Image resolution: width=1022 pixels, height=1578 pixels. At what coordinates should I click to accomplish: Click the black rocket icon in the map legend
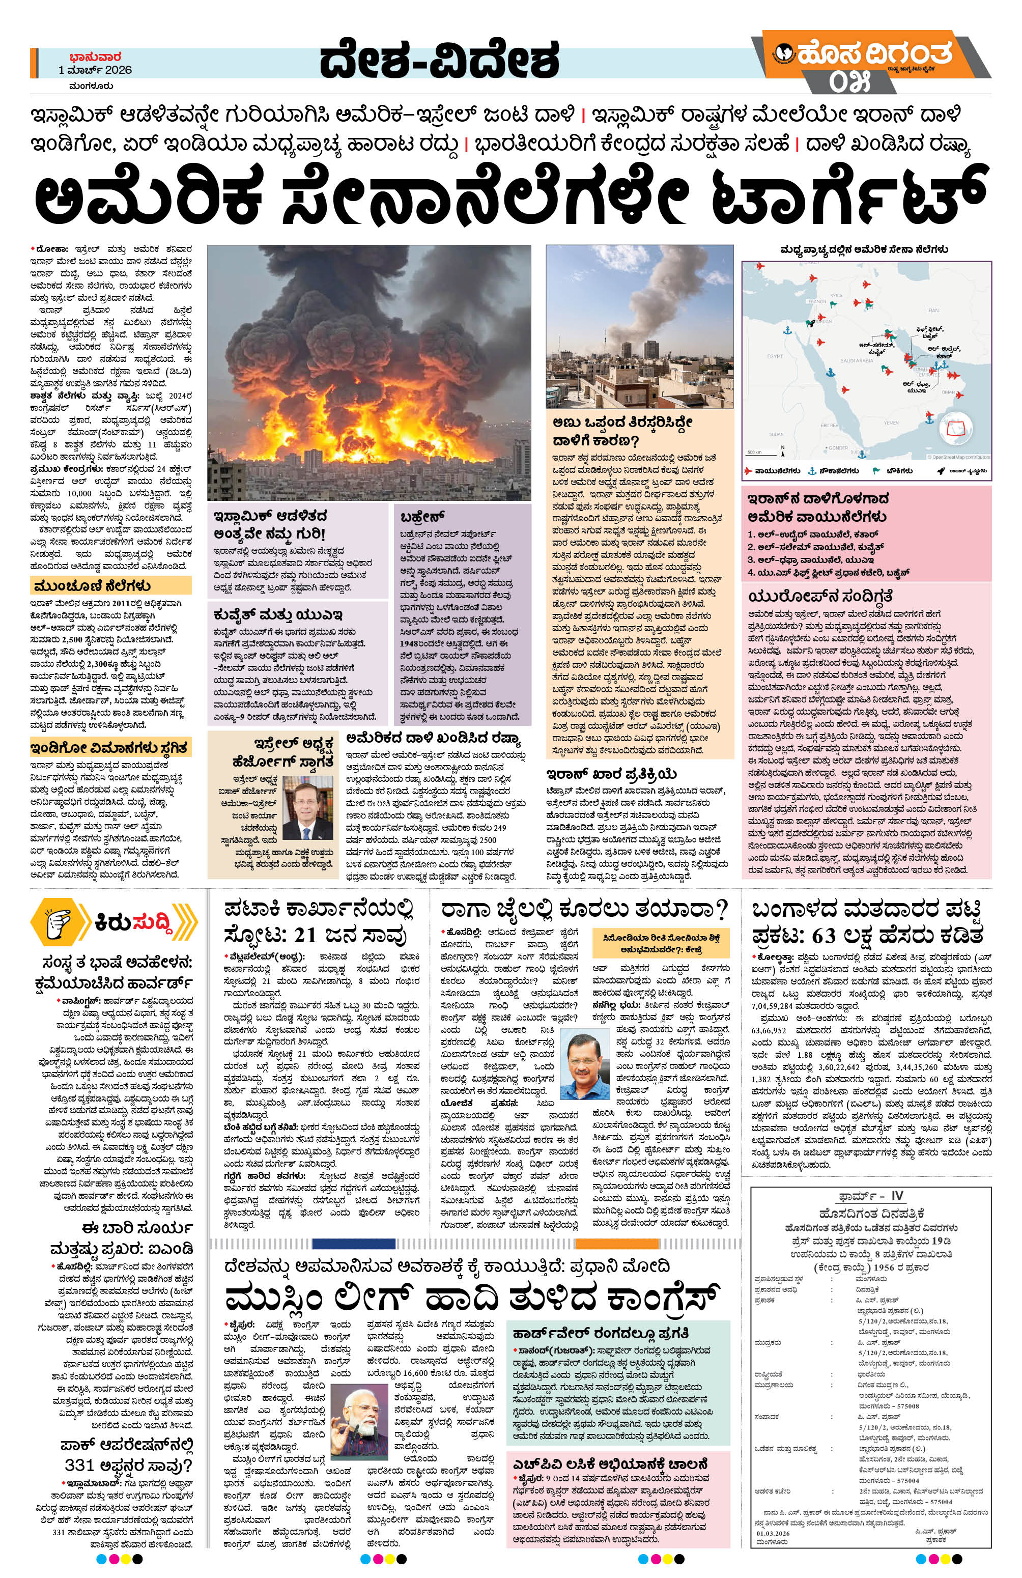point(941,471)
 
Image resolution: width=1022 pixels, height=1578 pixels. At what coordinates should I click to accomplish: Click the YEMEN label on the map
point(891,422)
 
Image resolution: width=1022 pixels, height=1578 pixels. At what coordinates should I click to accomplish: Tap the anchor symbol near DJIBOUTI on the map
point(862,455)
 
